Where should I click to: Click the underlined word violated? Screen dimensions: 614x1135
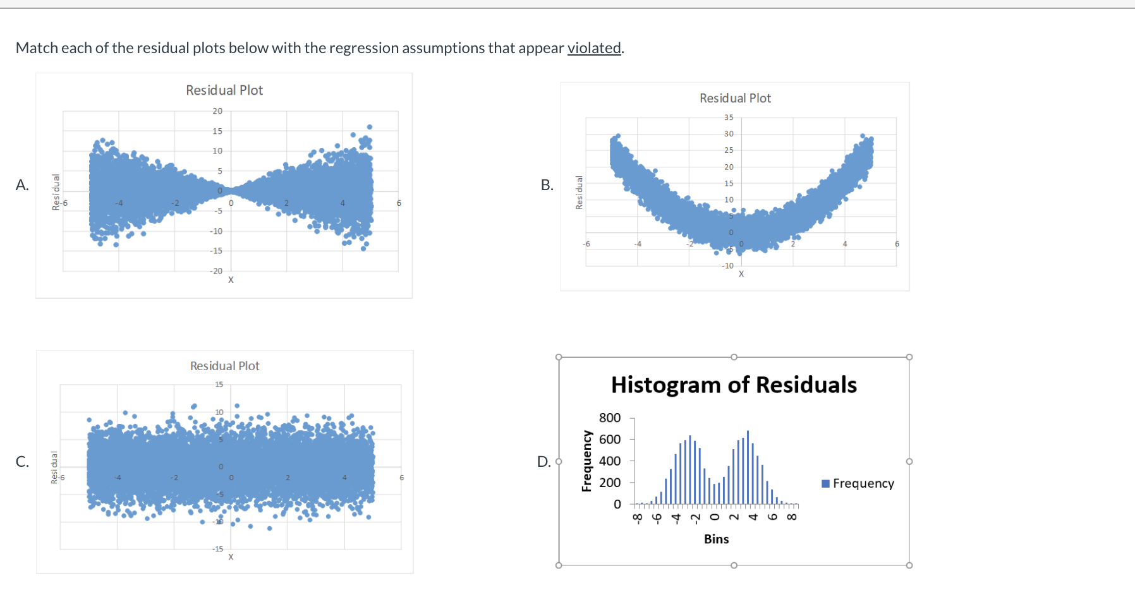(594, 48)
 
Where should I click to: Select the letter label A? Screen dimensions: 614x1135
(22, 185)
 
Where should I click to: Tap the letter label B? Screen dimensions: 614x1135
(547, 185)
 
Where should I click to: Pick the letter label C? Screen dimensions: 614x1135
(22, 461)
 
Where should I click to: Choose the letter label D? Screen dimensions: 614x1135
(543, 462)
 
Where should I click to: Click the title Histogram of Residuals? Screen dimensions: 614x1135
(734, 385)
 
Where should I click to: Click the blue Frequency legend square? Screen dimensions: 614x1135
(825, 484)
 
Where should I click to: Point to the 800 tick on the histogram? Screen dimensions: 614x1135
(610, 418)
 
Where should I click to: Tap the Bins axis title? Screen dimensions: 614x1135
(716, 539)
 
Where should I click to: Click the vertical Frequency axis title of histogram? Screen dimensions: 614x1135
(586, 460)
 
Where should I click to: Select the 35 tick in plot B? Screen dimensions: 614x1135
(729, 117)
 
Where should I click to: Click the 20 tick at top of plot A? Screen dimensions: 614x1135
(217, 111)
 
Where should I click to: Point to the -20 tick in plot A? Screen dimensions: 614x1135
(216, 271)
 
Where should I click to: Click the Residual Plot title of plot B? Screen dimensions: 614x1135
(735, 99)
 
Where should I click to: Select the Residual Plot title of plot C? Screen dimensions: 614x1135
(225, 366)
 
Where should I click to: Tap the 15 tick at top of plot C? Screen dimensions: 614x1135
(219, 384)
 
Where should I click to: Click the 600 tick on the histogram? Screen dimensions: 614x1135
(610, 439)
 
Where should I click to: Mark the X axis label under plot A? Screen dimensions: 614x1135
(231, 280)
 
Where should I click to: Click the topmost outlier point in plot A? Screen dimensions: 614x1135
(370, 127)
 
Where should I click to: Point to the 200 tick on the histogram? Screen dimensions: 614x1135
(610, 483)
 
